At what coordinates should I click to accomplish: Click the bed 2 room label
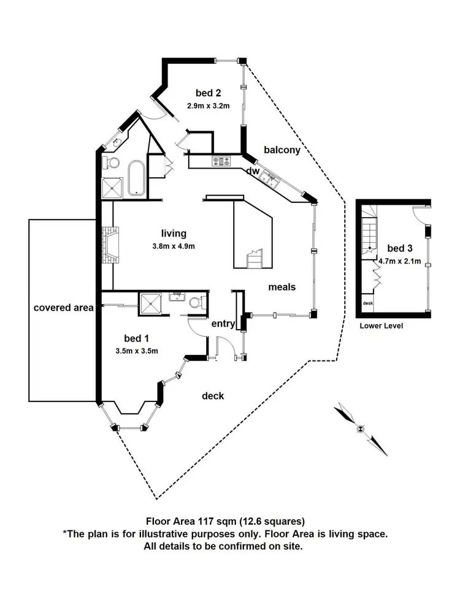(x=208, y=93)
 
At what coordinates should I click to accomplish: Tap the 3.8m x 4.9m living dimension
(x=174, y=246)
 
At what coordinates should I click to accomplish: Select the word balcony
(x=282, y=150)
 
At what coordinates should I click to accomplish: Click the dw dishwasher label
(x=253, y=171)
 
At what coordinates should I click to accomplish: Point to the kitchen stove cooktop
(x=222, y=161)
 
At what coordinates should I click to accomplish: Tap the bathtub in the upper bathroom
(x=137, y=178)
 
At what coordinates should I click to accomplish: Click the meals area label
(x=282, y=287)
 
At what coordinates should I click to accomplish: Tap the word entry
(x=223, y=324)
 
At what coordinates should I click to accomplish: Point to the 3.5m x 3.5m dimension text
(x=137, y=351)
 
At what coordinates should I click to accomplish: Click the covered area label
(x=63, y=308)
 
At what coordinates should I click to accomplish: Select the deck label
(x=213, y=396)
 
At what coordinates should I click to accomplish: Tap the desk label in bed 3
(x=367, y=303)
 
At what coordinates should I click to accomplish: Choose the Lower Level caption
(x=381, y=326)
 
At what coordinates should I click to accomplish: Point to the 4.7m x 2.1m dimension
(x=400, y=261)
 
